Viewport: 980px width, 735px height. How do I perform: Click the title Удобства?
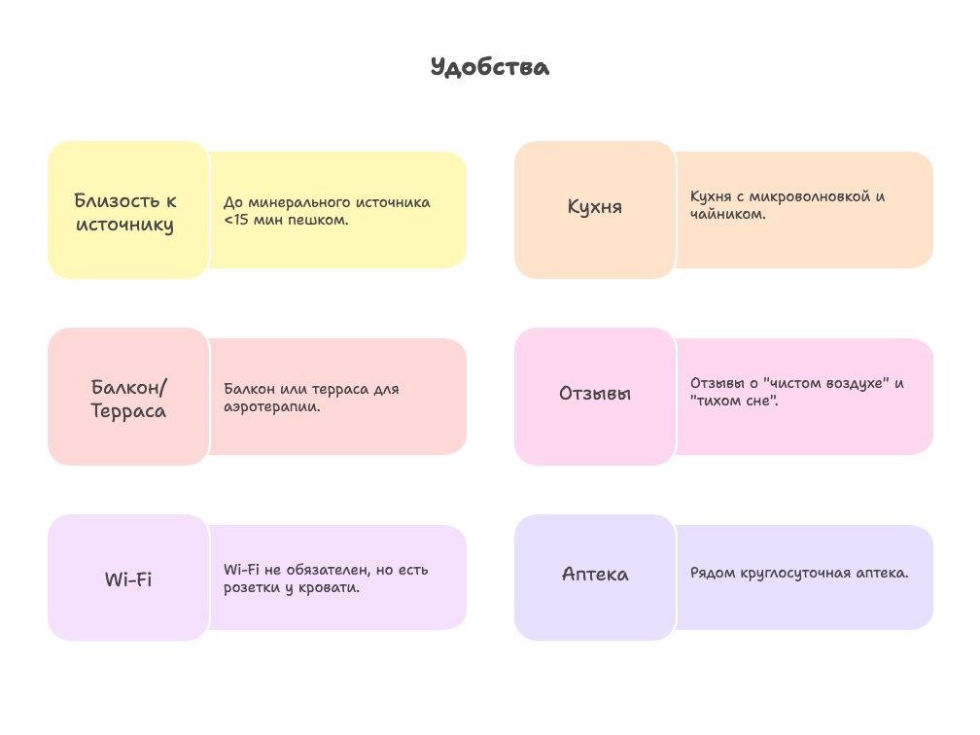(x=490, y=67)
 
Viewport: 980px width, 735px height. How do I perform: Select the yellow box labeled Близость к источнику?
(x=128, y=210)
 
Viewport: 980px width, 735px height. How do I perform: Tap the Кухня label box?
(x=595, y=210)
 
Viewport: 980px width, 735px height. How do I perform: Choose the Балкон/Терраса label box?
(x=128, y=397)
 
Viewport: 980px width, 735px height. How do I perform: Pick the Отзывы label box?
(x=595, y=397)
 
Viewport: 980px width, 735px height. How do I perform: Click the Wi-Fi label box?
(x=128, y=577)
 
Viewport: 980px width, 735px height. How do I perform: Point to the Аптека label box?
(x=595, y=577)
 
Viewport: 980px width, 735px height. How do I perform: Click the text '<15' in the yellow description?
(x=236, y=220)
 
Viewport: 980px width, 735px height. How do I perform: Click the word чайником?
(x=727, y=214)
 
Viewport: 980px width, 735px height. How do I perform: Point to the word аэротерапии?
(x=272, y=406)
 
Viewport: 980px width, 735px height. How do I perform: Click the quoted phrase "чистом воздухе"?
(x=826, y=383)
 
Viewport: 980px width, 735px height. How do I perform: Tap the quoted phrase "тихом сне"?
(x=734, y=401)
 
